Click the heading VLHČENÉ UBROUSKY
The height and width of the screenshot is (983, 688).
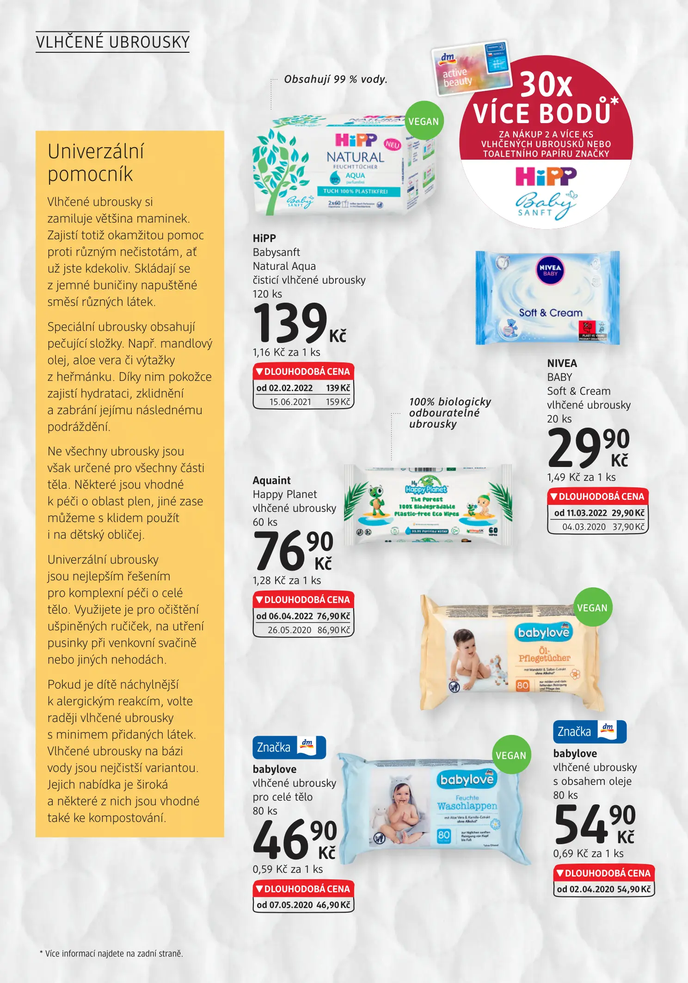coord(113,42)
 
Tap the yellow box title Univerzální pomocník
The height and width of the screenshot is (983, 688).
coord(96,163)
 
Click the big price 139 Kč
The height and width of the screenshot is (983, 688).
coord(298,323)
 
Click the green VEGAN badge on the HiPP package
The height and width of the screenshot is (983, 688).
coord(424,121)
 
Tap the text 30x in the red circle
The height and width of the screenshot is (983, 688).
coord(546,84)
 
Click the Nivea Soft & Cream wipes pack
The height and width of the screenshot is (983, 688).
coord(547,298)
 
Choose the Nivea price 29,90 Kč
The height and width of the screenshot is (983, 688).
coord(588,448)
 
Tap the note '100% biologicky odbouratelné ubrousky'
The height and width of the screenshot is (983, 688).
coord(449,413)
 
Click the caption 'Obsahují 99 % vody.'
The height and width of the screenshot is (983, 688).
coord(336,79)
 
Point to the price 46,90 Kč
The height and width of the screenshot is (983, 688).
coord(295,840)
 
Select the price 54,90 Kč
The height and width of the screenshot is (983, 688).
coord(594,824)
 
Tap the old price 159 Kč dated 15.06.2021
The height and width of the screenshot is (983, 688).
coord(338,402)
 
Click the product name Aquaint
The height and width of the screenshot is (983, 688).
coord(272,480)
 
